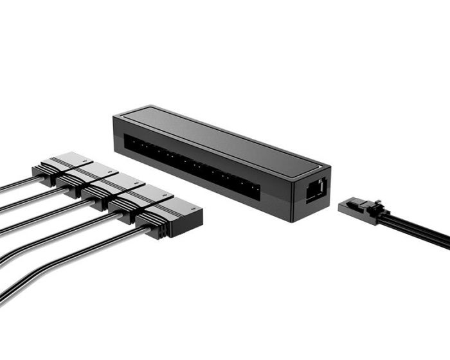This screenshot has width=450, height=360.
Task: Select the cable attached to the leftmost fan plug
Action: (x=16, y=187)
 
